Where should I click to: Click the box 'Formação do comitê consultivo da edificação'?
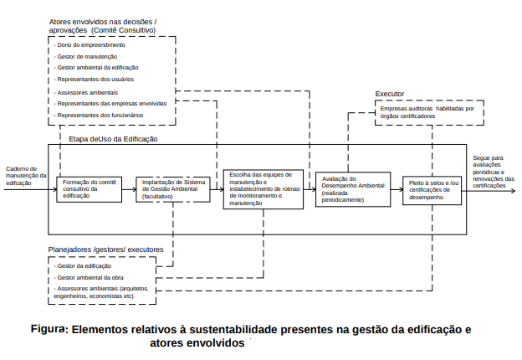point(86,190)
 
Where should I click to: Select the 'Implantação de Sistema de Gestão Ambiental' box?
point(173,189)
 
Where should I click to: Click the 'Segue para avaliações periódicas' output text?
point(494,170)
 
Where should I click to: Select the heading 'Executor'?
point(390,95)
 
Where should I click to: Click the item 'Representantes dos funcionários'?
point(99,115)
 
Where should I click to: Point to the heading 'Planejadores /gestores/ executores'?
point(105,249)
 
